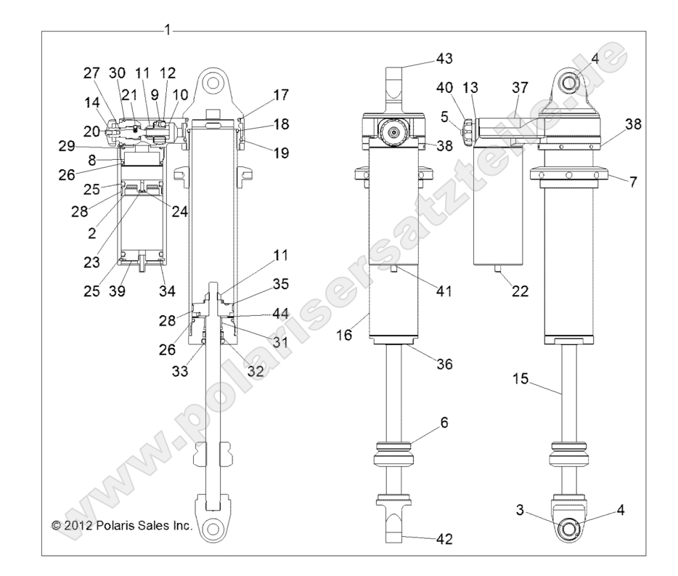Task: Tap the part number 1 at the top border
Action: click(x=168, y=30)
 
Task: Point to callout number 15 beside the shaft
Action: click(x=520, y=378)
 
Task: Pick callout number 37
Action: click(x=520, y=88)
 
